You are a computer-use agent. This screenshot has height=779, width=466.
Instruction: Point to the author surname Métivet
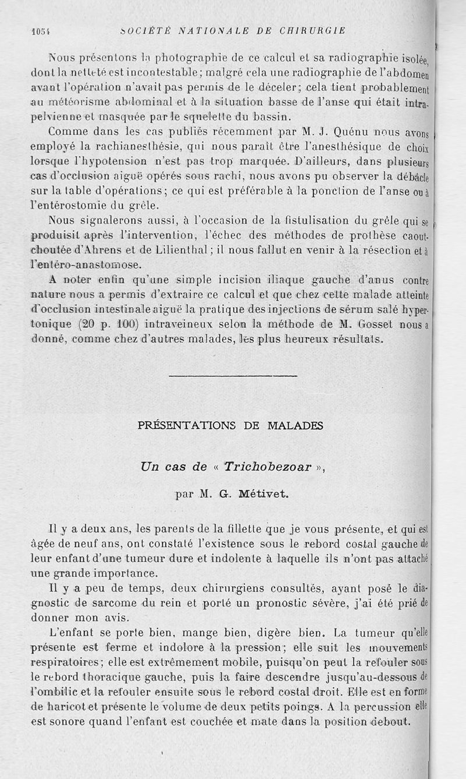pos(263,495)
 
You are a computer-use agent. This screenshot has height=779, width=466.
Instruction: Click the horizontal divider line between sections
pos(232,376)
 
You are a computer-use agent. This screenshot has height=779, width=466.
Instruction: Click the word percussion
pos(382,707)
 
